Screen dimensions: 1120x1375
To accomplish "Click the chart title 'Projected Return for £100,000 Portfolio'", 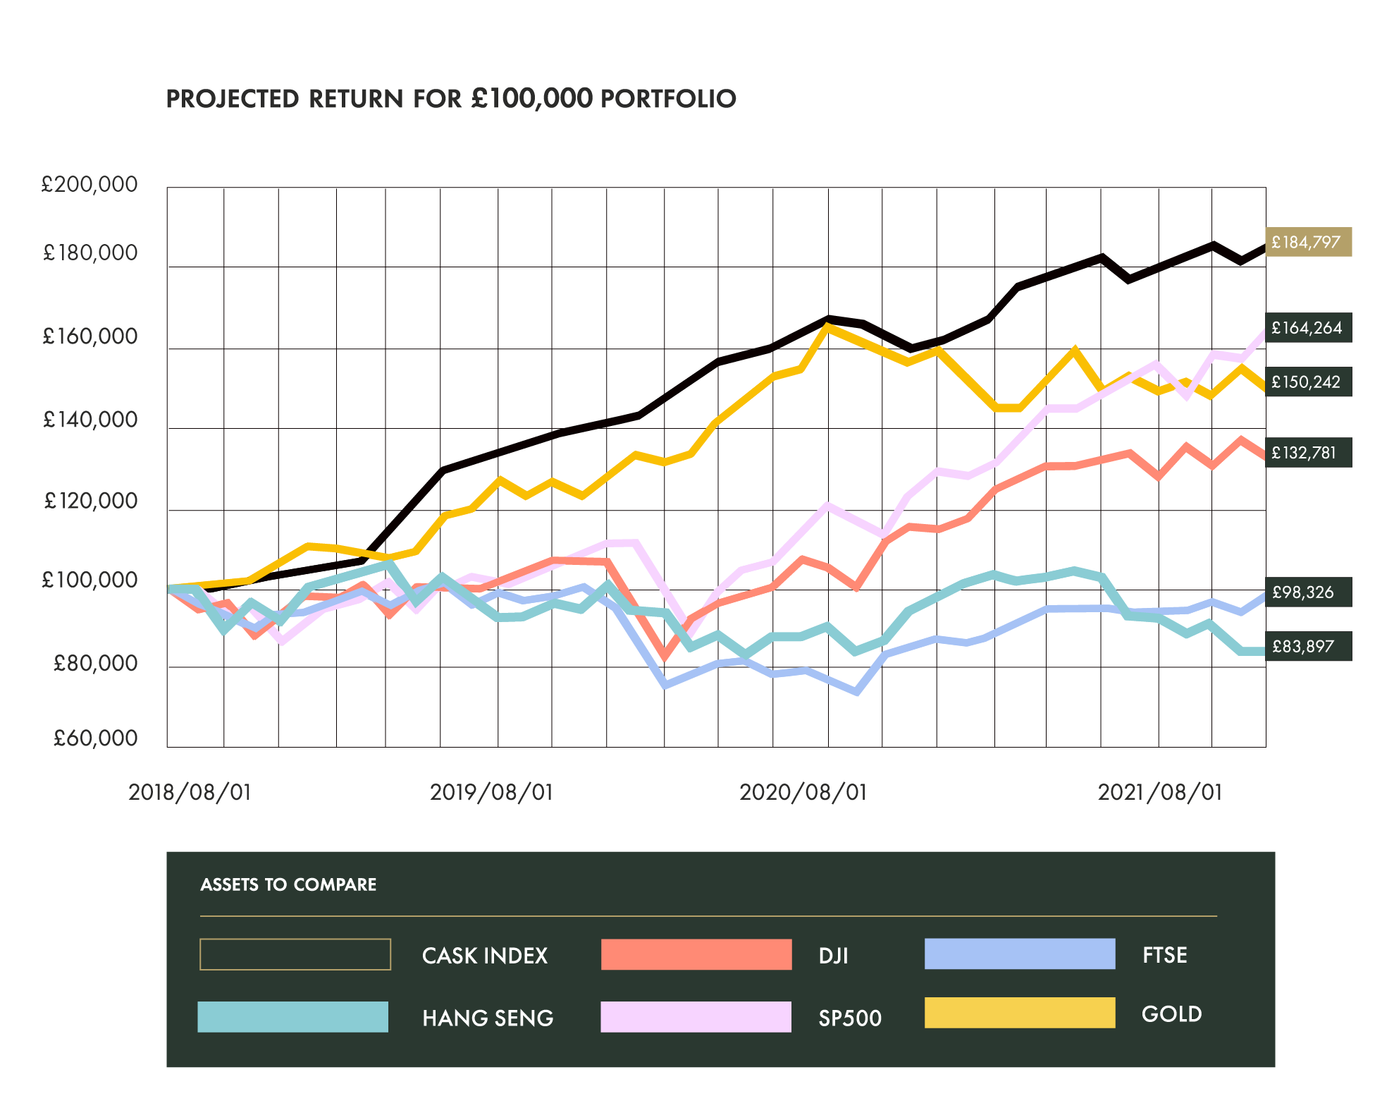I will point(451,99).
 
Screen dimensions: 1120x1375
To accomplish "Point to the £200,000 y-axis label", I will point(90,184).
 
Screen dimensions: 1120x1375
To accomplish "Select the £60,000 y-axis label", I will point(95,738).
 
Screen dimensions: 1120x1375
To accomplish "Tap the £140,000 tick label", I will point(90,420).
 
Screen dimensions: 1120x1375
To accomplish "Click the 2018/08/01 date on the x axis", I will point(190,792).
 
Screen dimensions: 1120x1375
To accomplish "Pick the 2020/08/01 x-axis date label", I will point(803,792).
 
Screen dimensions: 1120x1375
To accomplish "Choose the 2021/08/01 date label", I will point(1160,792).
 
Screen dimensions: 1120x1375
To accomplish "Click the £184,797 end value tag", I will point(1308,243).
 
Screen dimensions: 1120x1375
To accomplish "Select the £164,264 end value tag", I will point(1308,328).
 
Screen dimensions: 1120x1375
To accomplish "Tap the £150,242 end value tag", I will point(1308,382).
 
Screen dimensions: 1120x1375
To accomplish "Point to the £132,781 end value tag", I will point(1308,453).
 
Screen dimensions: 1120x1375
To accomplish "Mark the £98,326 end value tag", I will point(1308,592).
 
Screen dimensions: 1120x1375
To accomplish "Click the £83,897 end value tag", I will point(1308,646).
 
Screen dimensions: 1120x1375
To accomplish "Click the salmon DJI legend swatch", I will point(696,954).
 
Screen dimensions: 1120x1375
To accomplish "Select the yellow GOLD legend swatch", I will point(1020,1013).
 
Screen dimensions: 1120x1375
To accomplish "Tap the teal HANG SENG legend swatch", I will point(293,1017).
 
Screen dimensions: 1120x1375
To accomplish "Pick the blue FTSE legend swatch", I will point(1020,954).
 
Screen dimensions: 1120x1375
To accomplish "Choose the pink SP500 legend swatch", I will point(696,1017).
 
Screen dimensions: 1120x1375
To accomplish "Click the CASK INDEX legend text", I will point(485,956).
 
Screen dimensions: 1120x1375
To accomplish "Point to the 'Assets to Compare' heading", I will point(288,884).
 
